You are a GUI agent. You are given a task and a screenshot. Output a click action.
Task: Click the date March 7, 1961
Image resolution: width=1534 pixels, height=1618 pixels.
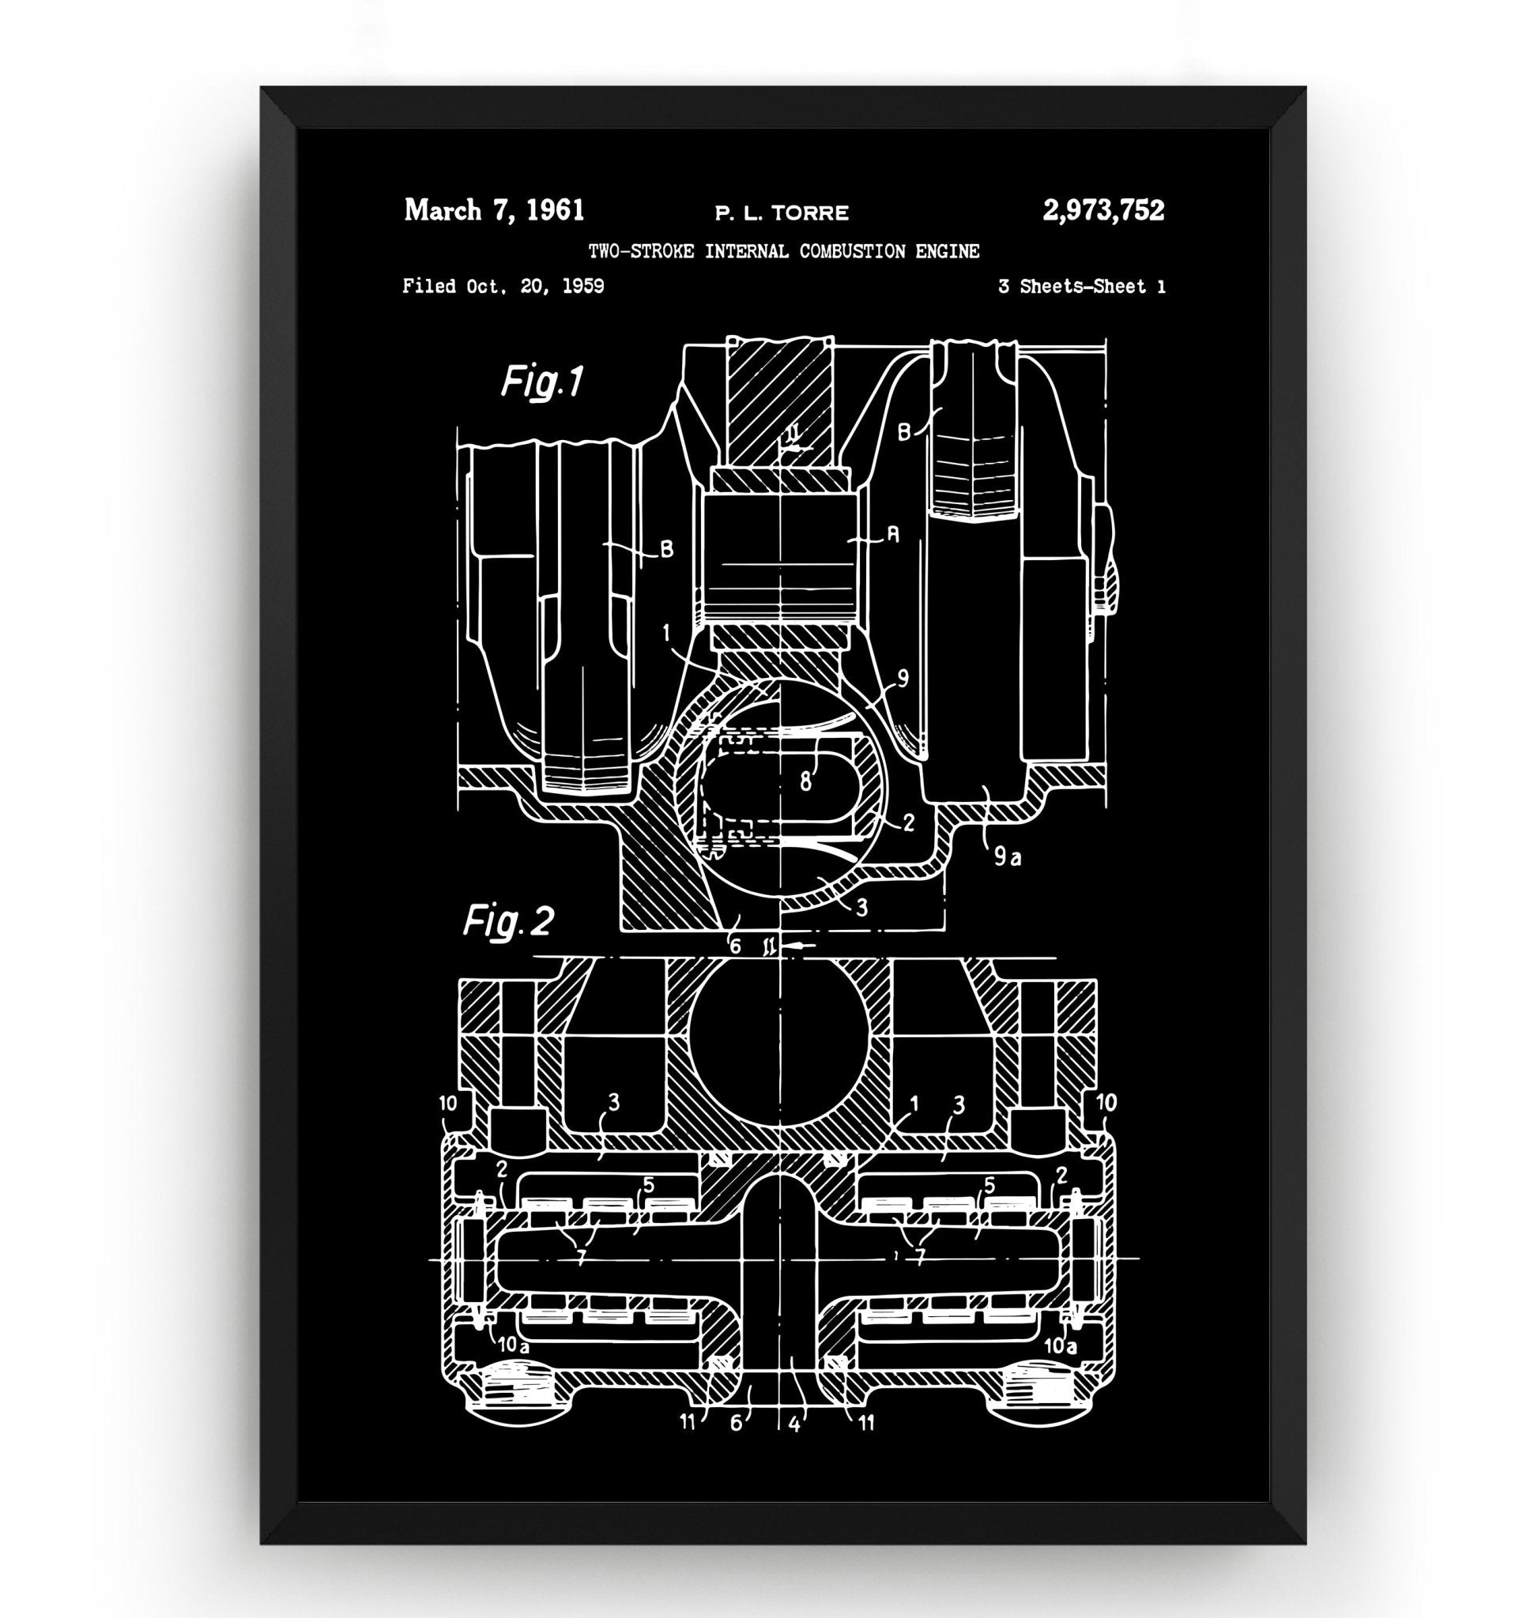point(494,211)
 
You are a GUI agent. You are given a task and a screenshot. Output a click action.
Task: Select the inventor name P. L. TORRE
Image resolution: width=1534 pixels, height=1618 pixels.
point(782,213)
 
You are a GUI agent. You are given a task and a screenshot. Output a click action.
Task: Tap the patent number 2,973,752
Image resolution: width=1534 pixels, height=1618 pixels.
point(1103,211)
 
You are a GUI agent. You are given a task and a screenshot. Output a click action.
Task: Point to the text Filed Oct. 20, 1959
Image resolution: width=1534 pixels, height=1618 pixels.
point(503,286)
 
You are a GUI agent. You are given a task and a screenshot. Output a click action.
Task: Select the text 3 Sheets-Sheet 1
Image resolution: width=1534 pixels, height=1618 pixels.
point(1082,287)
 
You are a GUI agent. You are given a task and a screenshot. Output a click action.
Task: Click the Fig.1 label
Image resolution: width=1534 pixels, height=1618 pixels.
point(542,382)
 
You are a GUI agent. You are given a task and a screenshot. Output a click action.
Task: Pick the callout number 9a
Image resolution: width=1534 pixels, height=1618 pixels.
point(1008,857)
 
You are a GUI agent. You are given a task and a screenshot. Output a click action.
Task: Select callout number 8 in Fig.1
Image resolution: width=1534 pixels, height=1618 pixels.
point(805,781)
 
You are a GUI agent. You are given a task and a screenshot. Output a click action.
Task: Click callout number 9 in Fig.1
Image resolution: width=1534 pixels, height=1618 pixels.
point(902,679)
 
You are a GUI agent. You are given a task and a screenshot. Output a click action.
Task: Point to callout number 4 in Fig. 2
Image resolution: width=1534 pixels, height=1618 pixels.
point(794,1423)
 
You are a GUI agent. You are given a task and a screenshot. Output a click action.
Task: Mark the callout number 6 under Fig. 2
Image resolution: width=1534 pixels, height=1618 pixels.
point(736,1423)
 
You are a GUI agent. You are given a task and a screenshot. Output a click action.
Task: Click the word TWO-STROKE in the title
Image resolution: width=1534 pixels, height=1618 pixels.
point(641,251)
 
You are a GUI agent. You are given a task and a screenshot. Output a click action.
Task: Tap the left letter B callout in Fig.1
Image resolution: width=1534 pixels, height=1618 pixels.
point(666,549)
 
